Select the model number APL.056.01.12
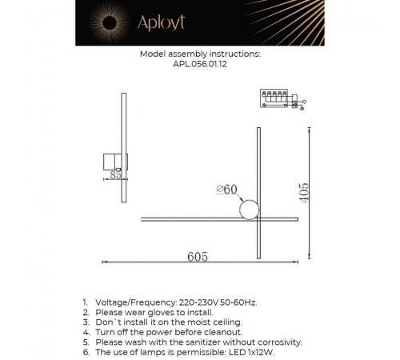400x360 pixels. pyautogui.click(x=199, y=68)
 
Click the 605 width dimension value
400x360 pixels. pyautogui.click(x=198, y=256)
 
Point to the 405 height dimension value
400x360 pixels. pyautogui.click(x=306, y=193)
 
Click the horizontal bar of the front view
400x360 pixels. pyautogui.click(x=200, y=218)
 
